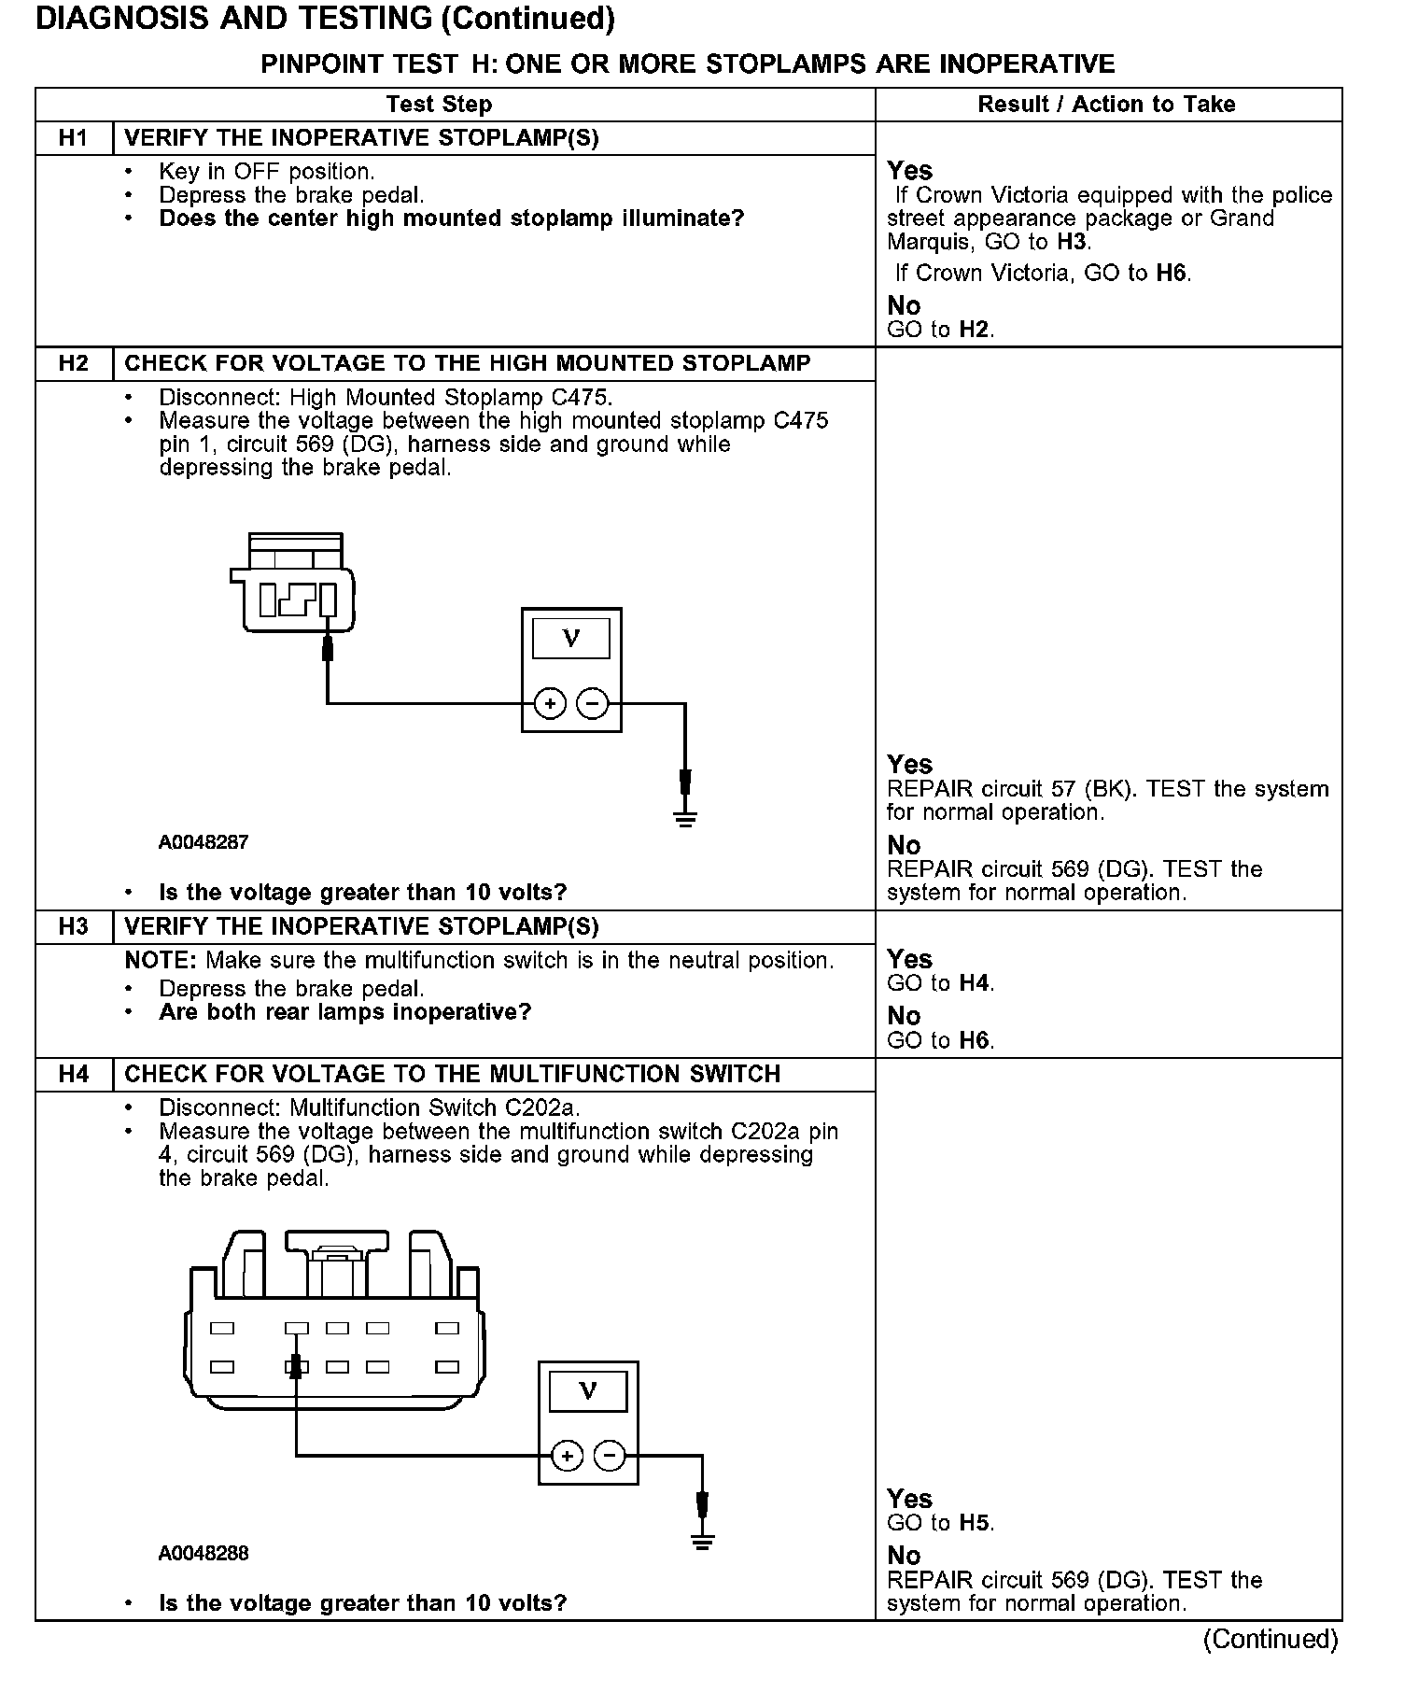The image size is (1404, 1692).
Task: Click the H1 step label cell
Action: point(73,138)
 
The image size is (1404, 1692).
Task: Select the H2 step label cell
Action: point(73,363)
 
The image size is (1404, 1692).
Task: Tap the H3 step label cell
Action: point(73,926)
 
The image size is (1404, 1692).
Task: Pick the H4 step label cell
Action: point(73,1074)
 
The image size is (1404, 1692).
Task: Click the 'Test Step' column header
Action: point(439,105)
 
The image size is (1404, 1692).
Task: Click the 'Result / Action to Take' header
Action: point(1106,105)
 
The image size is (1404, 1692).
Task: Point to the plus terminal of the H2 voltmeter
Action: point(550,704)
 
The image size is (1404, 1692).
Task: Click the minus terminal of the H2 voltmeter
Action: point(593,704)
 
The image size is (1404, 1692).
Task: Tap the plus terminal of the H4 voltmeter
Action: point(567,1455)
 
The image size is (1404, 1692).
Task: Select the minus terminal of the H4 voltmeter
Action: point(610,1455)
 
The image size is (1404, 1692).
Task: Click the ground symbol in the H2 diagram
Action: point(685,820)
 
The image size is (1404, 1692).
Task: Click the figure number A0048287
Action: point(204,842)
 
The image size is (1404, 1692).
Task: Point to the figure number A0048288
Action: point(204,1554)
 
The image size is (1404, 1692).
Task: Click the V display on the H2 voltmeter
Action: point(571,639)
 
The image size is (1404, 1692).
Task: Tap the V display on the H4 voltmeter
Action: point(588,1391)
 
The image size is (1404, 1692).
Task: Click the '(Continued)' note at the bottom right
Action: point(1271,1639)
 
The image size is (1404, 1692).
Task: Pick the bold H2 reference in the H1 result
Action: point(975,330)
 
